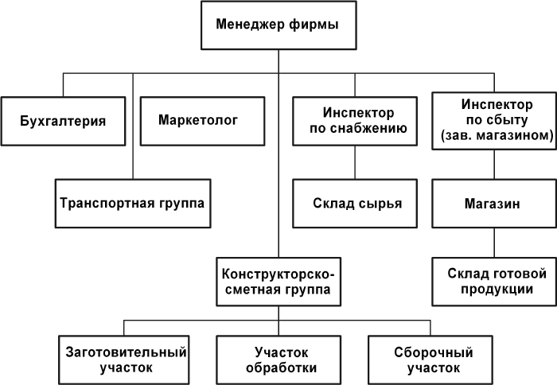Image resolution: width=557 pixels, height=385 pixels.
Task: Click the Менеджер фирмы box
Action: (x=277, y=25)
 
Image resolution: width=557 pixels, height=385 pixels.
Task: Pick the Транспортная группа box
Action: (x=131, y=202)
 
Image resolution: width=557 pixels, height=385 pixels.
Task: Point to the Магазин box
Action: (x=493, y=203)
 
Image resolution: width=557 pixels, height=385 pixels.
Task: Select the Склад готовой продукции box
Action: (x=494, y=280)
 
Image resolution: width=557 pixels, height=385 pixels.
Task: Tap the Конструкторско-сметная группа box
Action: (x=278, y=280)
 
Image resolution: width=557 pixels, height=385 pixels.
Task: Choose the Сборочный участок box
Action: (x=433, y=359)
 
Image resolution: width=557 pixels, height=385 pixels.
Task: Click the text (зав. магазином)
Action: (x=494, y=137)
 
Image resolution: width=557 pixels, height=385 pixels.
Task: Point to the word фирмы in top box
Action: (x=310, y=25)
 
